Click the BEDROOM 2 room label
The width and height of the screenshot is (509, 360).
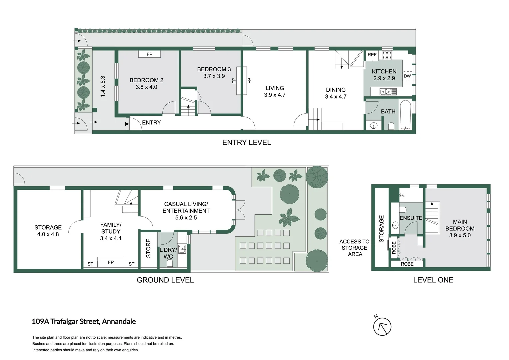[x=146, y=80]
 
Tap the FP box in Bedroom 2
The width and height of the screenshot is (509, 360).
[x=149, y=54]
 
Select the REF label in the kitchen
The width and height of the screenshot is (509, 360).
[x=372, y=55]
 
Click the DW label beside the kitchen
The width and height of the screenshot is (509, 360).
[x=407, y=76]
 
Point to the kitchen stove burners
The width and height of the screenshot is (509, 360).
[x=387, y=55]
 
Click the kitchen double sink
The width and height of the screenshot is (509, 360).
[x=388, y=91]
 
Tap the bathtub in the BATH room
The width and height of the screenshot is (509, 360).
[x=405, y=115]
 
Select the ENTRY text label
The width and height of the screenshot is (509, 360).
[x=151, y=123]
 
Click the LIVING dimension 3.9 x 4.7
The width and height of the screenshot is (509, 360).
[x=275, y=95]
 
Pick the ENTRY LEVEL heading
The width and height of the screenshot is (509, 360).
[x=247, y=143]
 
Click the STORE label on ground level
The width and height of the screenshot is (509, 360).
[x=148, y=248]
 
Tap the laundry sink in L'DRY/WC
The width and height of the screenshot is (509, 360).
[x=182, y=249]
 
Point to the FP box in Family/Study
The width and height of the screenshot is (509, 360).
[x=111, y=262]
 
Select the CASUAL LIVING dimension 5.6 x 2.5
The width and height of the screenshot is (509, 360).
[x=186, y=218]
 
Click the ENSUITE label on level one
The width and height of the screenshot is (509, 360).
[x=411, y=218]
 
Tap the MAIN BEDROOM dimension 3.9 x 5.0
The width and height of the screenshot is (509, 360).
[x=460, y=235]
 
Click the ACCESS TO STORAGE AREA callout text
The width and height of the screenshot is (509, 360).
[x=354, y=248]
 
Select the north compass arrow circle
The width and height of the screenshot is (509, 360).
[x=382, y=327]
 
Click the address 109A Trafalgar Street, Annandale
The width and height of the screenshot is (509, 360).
[x=84, y=322]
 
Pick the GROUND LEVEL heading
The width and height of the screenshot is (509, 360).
[x=165, y=280]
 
